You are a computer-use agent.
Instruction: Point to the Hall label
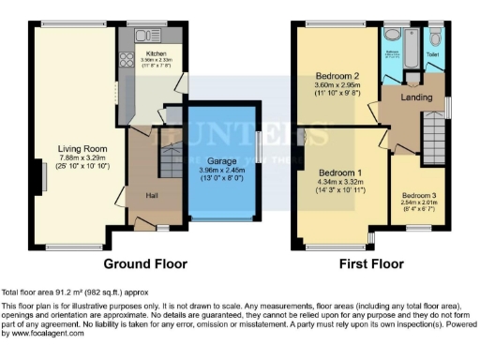(151, 195)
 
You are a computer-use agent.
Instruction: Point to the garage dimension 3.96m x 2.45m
(221, 171)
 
